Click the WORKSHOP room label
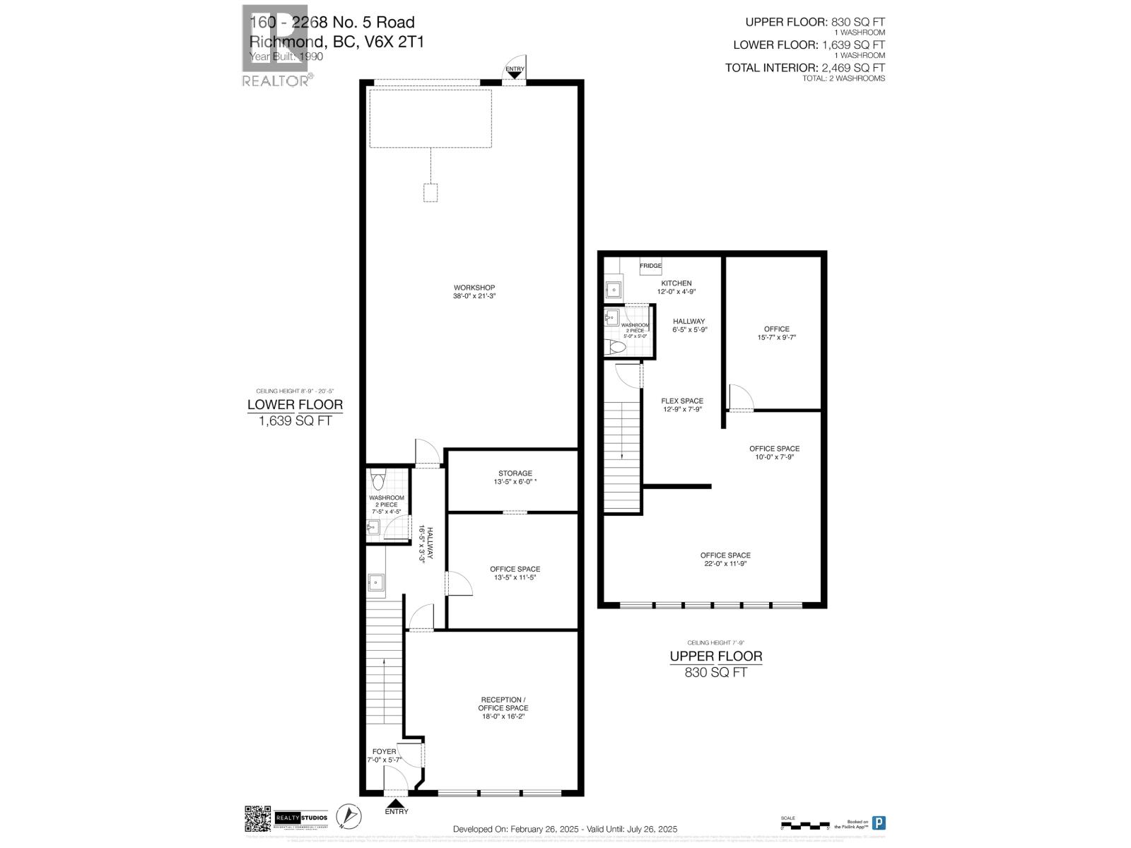point(474,288)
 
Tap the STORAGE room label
point(515,473)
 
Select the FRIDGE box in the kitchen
point(650,266)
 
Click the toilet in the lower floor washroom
point(378,483)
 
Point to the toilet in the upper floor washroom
point(614,347)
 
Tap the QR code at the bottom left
point(258,820)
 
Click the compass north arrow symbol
point(346,819)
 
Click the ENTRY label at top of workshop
point(515,69)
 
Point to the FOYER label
point(384,751)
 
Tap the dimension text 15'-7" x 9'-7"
point(776,338)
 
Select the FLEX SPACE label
point(682,401)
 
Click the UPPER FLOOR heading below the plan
point(716,656)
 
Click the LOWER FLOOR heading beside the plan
point(295,405)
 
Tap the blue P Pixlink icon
point(879,823)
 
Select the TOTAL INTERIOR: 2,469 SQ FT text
point(805,68)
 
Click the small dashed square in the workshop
point(430,193)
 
